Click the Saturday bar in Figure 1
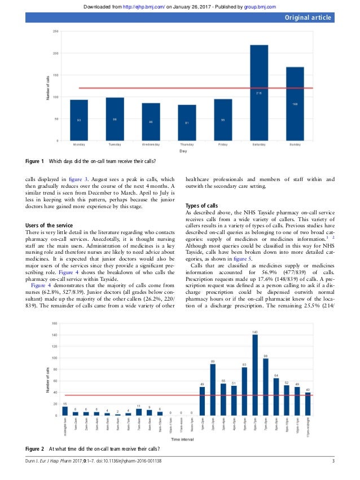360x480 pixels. coord(259,93)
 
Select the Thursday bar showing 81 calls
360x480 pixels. coord(187,122)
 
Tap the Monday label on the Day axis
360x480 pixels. coord(78,144)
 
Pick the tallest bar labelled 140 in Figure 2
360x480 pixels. coord(255,367)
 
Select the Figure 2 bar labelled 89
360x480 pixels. coord(213,390)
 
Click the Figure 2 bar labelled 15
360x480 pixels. coord(65,411)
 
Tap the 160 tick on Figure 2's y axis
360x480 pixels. coord(55,323)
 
